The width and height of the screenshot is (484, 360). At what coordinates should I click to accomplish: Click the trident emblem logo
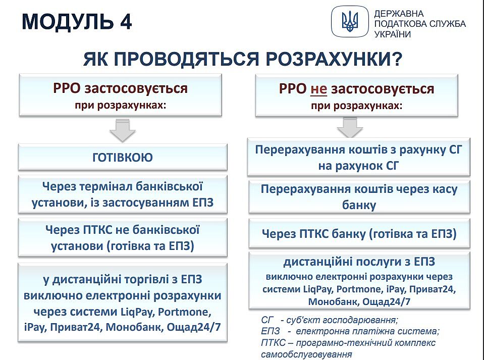click(x=350, y=21)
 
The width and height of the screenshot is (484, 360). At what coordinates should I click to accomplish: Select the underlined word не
click(x=318, y=89)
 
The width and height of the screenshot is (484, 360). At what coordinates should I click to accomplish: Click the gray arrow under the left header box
click(x=123, y=130)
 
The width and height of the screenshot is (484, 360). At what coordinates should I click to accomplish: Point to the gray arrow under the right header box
click(x=350, y=127)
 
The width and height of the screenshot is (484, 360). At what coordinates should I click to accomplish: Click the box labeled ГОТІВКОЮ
click(x=123, y=157)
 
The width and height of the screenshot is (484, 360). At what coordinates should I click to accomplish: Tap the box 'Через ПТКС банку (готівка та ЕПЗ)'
click(x=359, y=233)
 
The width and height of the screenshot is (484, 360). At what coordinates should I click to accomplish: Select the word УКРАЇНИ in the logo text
click(x=393, y=34)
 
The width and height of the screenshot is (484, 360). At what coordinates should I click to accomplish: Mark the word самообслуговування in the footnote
click(x=306, y=354)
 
